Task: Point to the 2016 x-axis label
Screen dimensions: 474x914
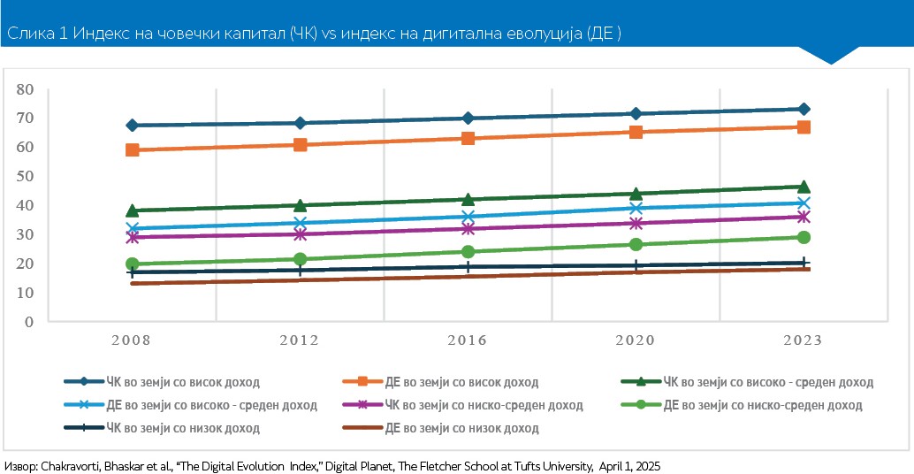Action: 468,340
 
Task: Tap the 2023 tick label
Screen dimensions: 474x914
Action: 803,340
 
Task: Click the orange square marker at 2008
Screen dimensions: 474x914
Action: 133,150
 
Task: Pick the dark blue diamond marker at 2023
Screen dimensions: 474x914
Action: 804,109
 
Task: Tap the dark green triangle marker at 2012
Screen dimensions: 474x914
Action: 301,206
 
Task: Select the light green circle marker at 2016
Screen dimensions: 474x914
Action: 468,252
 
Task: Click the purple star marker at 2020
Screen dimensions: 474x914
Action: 636,224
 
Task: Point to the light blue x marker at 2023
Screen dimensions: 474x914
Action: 804,203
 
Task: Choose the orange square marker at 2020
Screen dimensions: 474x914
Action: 636,133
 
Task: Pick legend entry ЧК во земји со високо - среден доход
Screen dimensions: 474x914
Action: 767,382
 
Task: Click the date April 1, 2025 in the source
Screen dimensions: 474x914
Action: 629,465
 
